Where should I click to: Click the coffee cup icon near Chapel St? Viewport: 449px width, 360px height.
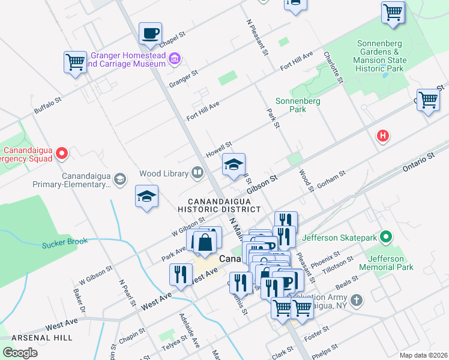pos(150,33)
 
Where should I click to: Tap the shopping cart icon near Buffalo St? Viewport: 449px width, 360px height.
pos(76,62)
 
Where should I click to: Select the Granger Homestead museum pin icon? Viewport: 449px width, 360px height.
pos(175,58)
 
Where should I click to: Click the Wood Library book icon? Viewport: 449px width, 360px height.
pos(197,173)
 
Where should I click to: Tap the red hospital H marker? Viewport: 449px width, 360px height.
pos(382,136)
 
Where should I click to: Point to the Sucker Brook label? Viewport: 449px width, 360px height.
pos(65,243)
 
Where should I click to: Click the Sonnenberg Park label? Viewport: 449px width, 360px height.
pos(298,105)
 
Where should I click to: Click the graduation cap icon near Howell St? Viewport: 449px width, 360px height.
pos(234,164)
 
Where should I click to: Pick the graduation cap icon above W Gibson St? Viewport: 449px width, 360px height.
pos(146,196)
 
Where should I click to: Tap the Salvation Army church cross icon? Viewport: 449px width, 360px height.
pos(357,299)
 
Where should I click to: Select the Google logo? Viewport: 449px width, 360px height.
pos(20,352)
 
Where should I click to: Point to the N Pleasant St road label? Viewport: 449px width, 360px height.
pos(257,37)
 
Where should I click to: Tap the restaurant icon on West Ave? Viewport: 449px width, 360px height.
pos(180,274)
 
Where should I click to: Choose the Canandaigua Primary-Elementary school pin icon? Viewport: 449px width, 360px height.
pos(121,179)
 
